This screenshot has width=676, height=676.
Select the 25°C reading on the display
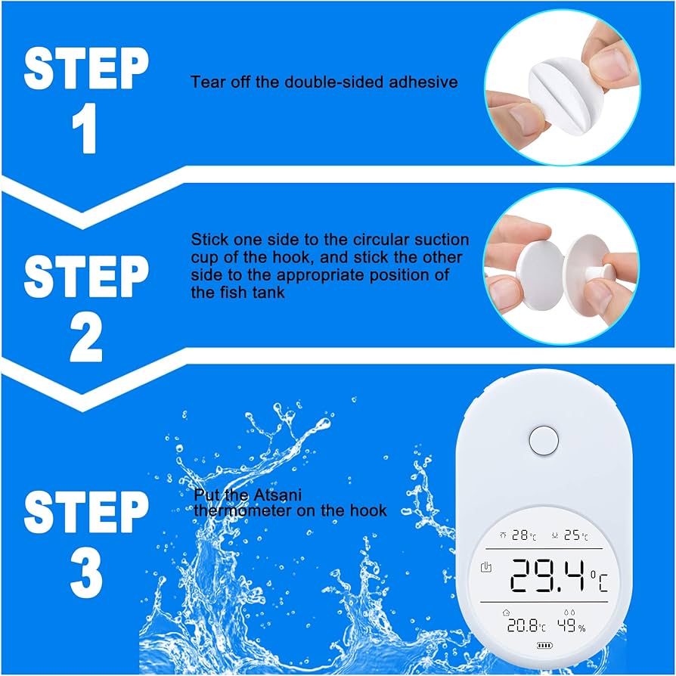pos(575,535)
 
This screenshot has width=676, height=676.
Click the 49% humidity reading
pos(571,625)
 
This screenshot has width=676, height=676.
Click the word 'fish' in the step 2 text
pos(206,291)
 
